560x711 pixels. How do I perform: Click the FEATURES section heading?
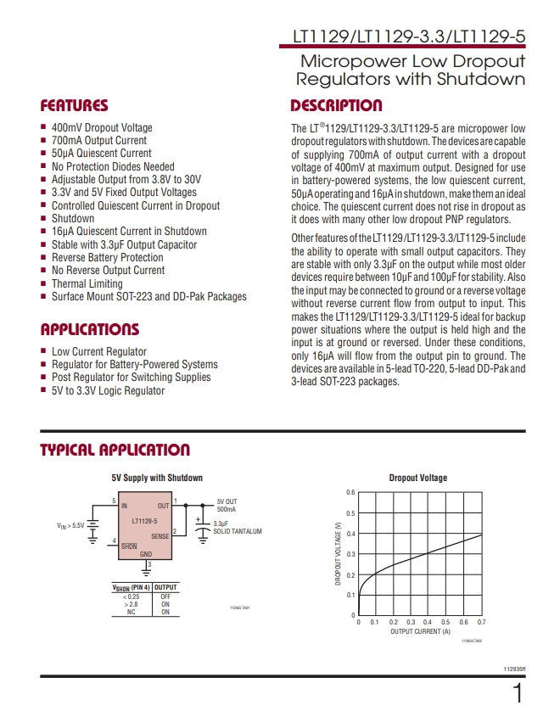75,106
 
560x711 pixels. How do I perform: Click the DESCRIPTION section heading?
336,106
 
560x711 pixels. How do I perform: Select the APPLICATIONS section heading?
89,329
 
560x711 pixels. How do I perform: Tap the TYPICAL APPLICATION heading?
115,450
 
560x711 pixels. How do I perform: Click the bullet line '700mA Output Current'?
98,140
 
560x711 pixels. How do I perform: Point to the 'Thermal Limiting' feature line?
87,283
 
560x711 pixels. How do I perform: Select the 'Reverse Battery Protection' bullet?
107,257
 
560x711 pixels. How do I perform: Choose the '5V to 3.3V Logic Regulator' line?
108,390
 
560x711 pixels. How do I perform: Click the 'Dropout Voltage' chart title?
417,478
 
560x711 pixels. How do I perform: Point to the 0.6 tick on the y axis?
350,493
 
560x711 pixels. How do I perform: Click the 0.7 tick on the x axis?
481,623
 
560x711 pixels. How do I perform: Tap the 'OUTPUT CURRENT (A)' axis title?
420,631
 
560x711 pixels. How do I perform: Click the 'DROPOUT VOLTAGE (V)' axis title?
338,554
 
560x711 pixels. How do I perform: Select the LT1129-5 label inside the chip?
144,520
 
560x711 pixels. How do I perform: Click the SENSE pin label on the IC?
160,536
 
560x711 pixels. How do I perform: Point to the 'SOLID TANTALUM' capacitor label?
238,531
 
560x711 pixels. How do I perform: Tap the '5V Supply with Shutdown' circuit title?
157,478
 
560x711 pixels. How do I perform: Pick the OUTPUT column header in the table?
165,587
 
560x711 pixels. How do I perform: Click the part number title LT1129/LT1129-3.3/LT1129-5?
409,38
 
